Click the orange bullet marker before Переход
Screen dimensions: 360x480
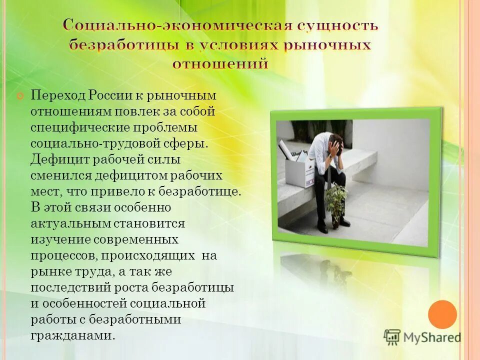click(20, 95)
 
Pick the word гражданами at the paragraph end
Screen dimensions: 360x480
click(72, 335)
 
